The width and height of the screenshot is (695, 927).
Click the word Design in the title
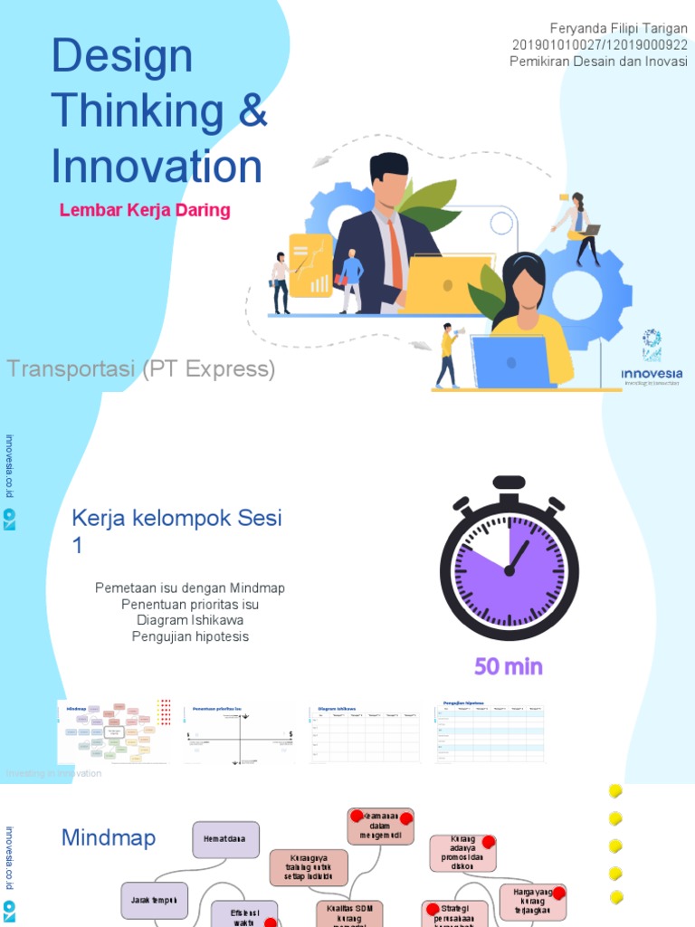[122, 56]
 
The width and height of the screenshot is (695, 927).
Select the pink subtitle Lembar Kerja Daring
[145, 211]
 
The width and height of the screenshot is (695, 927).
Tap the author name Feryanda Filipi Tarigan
[618, 29]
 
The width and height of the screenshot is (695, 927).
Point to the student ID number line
[599, 45]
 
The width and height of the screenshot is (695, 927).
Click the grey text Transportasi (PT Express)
[141, 369]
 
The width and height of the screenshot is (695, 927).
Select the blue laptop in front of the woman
[509, 361]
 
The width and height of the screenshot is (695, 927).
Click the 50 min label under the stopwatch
[509, 667]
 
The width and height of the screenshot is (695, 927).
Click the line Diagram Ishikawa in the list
[190, 621]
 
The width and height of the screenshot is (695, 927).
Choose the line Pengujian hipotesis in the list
[190, 637]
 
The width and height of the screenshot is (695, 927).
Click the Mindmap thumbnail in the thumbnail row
[116, 731]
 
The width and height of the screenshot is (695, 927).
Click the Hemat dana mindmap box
[225, 839]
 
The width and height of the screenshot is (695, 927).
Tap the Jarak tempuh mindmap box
[155, 900]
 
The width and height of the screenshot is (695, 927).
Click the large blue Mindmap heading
[109, 838]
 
